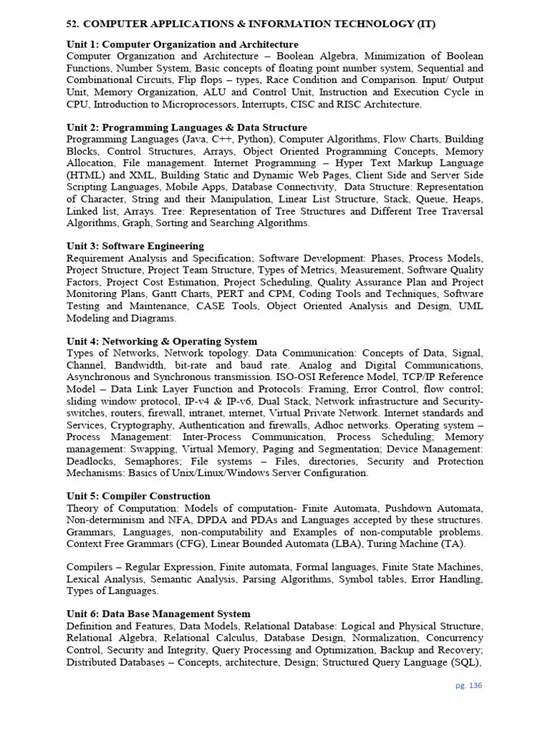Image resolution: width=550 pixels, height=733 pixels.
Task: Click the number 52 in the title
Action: (72, 24)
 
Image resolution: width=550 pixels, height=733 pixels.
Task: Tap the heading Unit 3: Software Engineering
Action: (135, 246)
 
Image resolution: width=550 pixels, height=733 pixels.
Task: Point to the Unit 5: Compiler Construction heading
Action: (138, 496)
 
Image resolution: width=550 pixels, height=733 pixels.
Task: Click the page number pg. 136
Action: (469, 685)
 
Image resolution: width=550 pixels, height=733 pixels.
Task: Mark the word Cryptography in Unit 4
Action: (140, 424)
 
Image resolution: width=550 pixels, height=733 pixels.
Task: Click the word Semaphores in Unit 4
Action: (153, 461)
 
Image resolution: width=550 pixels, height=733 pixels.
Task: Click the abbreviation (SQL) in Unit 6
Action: (465, 662)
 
